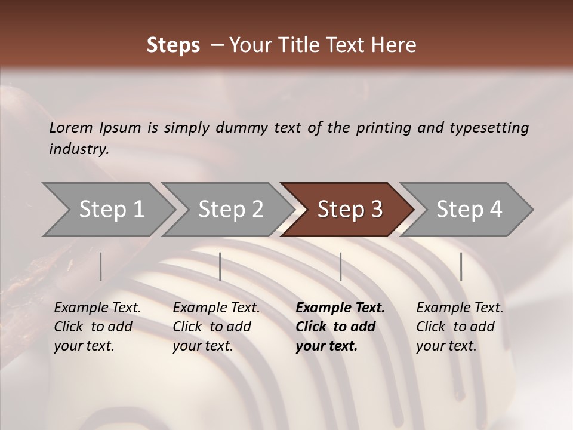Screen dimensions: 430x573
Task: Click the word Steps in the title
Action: click(173, 45)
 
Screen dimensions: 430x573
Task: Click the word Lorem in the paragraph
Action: click(71, 127)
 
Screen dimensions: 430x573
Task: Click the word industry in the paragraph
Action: click(79, 149)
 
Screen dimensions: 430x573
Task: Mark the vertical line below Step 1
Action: click(101, 266)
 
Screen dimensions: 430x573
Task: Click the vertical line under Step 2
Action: click(220, 266)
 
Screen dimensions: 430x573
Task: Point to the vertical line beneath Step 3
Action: click(341, 266)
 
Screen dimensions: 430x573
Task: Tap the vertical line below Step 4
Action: click(461, 266)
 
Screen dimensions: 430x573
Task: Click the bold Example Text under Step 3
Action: click(340, 327)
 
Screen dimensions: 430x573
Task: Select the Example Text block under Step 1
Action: click(97, 327)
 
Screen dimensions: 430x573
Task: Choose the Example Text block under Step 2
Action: click(216, 327)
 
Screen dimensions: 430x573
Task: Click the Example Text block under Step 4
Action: click(460, 327)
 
